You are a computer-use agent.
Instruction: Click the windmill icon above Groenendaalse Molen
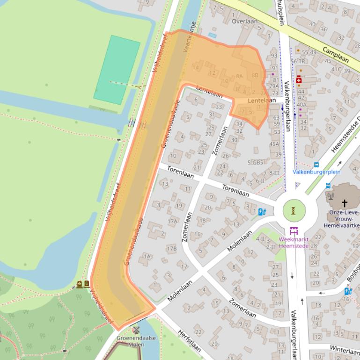(x=136, y=331)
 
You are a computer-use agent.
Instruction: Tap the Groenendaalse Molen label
(x=137, y=341)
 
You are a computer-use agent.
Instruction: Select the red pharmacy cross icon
(x=298, y=80)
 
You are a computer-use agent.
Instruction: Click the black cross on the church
(x=345, y=203)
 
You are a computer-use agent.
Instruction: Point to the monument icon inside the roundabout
(x=294, y=211)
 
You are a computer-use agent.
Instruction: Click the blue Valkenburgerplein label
(x=316, y=172)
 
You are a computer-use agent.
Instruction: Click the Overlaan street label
(x=244, y=21)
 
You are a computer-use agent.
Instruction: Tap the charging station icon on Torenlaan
(x=262, y=212)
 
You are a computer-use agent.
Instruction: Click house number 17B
(x=172, y=249)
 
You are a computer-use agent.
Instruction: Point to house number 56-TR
(x=298, y=61)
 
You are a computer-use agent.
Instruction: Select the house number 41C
(x=336, y=69)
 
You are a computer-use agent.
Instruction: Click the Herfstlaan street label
(x=189, y=340)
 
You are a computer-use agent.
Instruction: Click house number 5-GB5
(x=255, y=163)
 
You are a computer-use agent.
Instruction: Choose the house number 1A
(x=147, y=256)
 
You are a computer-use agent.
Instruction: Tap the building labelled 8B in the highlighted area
(x=255, y=75)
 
